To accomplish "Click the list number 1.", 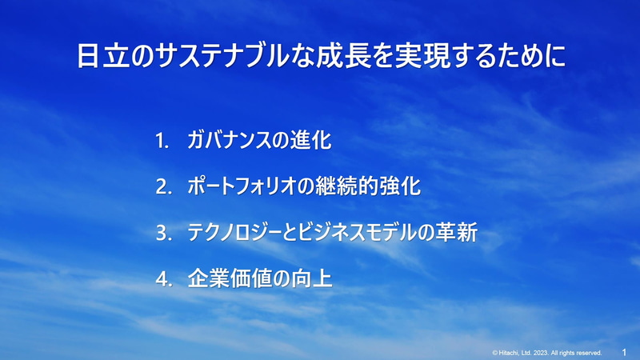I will click(162, 142).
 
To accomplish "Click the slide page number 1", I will click(624, 351).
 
